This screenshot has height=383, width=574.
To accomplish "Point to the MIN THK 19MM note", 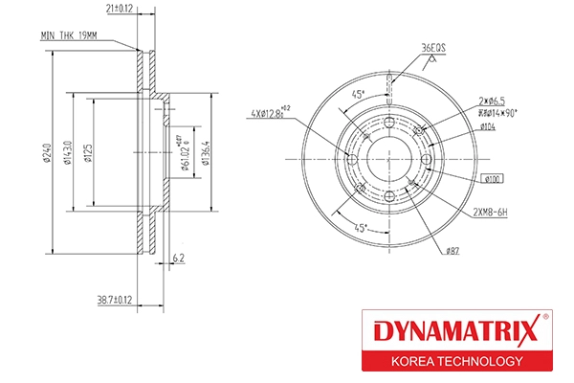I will pyautogui.click(x=69, y=35).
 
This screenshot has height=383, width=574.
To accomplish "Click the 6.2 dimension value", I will pyautogui.click(x=179, y=257).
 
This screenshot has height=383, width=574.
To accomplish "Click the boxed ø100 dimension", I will pyautogui.click(x=493, y=178).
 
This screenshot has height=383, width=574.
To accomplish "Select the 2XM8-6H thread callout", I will pyautogui.click(x=490, y=210).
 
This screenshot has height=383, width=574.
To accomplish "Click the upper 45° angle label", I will pyautogui.click(x=358, y=95).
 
